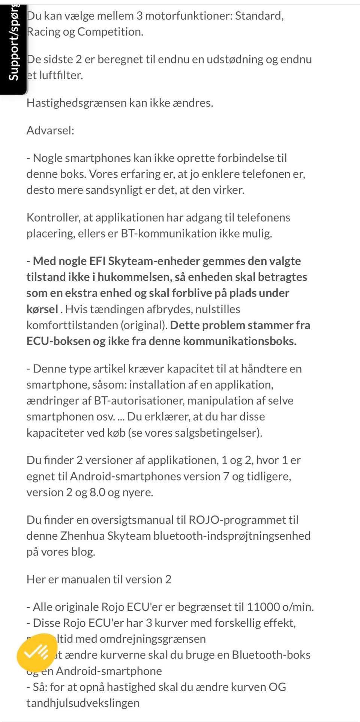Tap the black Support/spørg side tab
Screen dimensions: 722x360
pyautogui.click(x=13, y=49)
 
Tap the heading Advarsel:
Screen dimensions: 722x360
pyautogui.click(x=50, y=131)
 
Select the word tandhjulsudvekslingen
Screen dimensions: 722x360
pyautogui.click(x=83, y=703)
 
